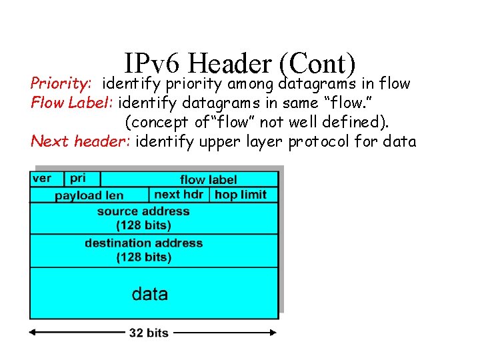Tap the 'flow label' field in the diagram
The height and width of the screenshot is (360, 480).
(208, 179)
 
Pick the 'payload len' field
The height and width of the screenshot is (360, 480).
(89, 195)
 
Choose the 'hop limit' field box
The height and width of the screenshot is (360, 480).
(241, 195)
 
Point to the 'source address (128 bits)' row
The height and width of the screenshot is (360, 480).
(143, 218)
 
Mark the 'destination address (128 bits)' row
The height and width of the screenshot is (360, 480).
(143, 250)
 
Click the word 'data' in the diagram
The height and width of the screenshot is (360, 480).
(150, 294)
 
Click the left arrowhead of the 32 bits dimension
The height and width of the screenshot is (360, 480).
(33, 332)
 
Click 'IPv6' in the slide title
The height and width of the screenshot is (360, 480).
(152, 65)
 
